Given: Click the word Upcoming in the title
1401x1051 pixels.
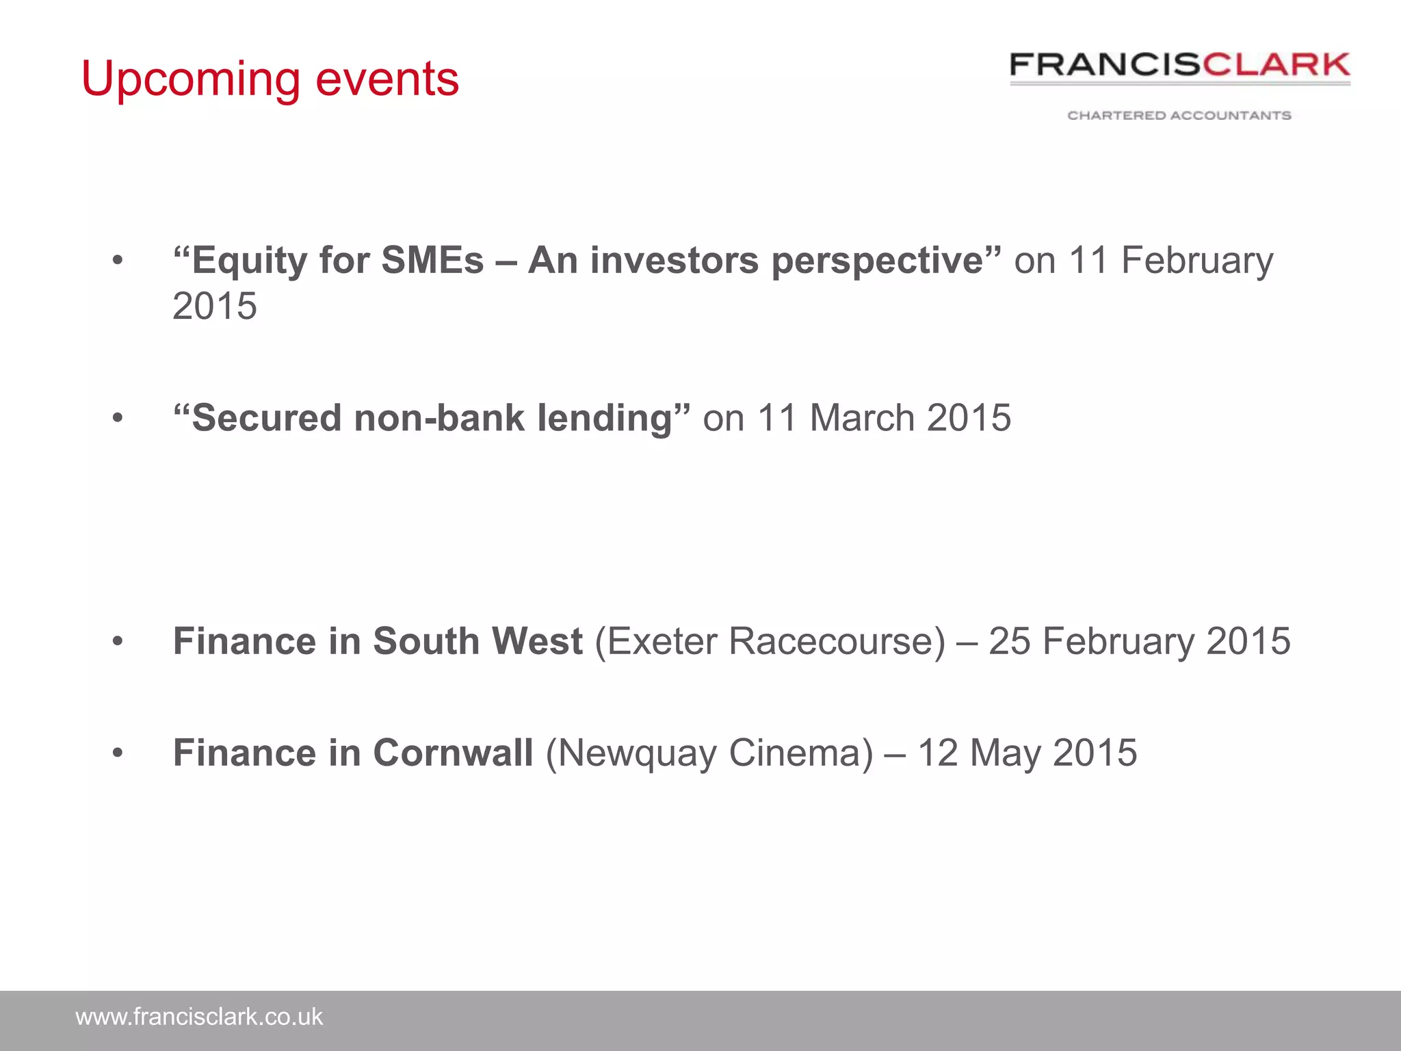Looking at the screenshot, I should (x=190, y=80).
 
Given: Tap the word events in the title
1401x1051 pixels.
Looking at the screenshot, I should (x=387, y=79).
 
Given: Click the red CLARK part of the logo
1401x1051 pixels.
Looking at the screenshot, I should (x=1276, y=65).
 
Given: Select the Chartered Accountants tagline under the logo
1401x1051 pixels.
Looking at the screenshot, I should (x=1179, y=116).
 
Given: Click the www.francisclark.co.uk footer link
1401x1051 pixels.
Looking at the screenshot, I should (x=199, y=1017).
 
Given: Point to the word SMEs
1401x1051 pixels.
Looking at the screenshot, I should (x=432, y=261).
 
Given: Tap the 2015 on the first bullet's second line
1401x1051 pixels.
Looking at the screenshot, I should (x=215, y=306).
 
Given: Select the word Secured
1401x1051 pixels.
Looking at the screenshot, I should (x=267, y=418).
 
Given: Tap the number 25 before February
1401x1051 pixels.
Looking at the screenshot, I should (x=1010, y=642).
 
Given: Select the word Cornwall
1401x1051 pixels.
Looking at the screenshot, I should (x=453, y=753).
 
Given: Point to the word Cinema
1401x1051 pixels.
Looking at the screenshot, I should (x=800, y=753).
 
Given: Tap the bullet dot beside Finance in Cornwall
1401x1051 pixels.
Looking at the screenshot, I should (x=118, y=753).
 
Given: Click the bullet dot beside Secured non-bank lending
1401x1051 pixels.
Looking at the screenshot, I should (x=118, y=418).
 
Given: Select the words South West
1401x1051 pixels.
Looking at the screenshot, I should (x=477, y=642).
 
